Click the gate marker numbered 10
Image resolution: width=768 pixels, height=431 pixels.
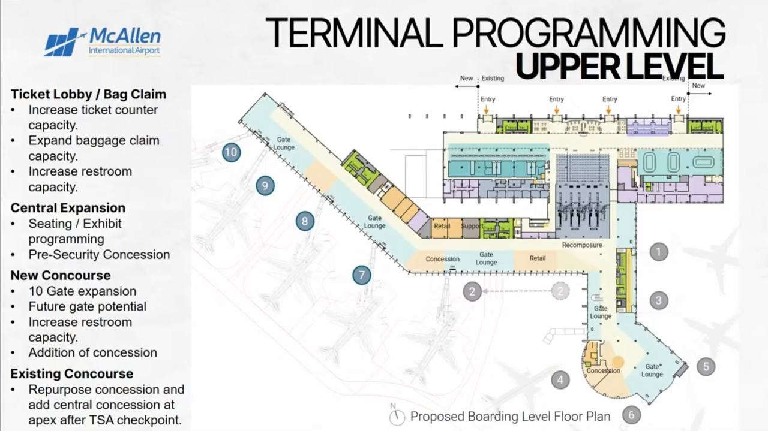point(232,152)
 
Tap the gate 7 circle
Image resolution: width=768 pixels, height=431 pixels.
point(362,275)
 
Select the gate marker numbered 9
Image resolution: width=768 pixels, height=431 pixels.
point(265,186)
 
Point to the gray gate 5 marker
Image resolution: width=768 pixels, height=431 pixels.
point(706,367)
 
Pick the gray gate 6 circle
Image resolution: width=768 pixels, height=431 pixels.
point(631,415)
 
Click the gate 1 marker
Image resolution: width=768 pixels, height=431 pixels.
point(659,252)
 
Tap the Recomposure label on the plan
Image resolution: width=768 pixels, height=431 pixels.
point(582,245)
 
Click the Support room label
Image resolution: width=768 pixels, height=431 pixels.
point(472,226)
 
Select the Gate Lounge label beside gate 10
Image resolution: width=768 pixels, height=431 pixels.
point(284,143)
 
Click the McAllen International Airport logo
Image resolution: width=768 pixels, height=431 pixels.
point(103,42)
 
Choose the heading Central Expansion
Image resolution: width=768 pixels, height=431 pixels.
point(68,208)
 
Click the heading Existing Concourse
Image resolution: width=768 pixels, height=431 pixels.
point(71,374)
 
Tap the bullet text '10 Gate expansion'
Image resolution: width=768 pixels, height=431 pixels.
point(82,291)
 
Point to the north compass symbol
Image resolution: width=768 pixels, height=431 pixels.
point(397,415)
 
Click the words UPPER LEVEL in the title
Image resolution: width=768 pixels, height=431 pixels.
point(620,66)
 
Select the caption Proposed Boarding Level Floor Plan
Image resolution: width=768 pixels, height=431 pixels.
point(510,417)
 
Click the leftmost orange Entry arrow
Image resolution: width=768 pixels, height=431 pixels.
point(486,110)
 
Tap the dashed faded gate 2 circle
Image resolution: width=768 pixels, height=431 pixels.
point(560,291)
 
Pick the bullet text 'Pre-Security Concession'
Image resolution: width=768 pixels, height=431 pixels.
point(99,255)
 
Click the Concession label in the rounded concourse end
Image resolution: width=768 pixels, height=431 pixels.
point(604,370)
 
